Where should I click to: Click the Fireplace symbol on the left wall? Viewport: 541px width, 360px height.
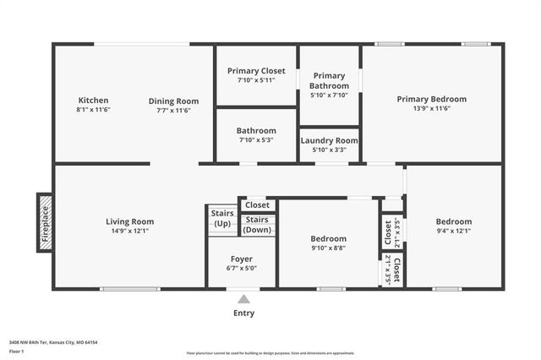[x=45, y=222]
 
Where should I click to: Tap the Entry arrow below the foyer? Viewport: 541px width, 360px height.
[x=243, y=299]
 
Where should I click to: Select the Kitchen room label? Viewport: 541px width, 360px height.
[x=93, y=100]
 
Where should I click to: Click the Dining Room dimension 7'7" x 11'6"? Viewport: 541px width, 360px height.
[x=173, y=110]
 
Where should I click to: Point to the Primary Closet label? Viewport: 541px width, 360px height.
[x=256, y=71]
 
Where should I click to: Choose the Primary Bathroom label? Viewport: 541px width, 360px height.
[x=329, y=80]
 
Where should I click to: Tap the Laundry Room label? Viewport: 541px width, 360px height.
[x=330, y=140]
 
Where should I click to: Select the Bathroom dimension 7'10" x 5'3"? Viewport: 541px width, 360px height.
[x=256, y=140]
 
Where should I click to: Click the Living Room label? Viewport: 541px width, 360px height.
[x=129, y=221]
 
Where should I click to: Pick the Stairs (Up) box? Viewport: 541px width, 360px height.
[x=222, y=218]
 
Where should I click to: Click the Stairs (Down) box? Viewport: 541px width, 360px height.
[x=257, y=225]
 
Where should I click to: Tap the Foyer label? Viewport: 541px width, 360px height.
[x=242, y=259]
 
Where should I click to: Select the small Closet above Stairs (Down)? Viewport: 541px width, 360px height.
[x=257, y=205]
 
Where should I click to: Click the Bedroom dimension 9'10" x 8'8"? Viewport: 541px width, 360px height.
[x=328, y=248]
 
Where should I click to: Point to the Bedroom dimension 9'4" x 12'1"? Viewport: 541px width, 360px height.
[x=453, y=231]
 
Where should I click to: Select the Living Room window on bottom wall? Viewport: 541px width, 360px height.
[x=129, y=289]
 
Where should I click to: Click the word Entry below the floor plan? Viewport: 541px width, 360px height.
[x=243, y=314]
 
